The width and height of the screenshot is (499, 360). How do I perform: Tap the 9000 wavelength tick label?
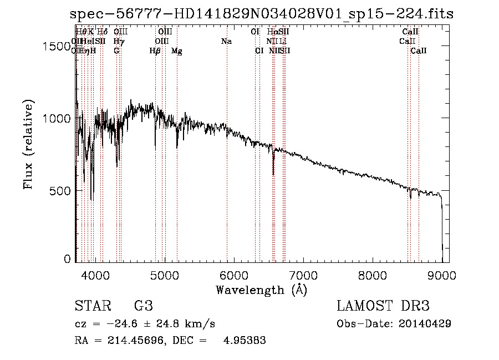(x=442, y=275)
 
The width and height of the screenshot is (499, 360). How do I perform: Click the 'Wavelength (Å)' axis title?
(x=261, y=290)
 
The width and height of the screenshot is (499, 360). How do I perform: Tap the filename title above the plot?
(x=261, y=14)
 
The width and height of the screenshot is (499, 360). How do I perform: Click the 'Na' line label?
(x=226, y=41)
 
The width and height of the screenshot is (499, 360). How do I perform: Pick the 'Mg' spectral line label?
(x=176, y=51)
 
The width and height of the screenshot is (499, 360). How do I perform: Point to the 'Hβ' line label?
(x=155, y=51)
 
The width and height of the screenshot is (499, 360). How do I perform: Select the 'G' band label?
(x=116, y=51)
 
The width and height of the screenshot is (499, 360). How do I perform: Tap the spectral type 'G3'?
(x=143, y=306)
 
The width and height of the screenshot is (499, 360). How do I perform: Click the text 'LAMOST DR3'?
(x=383, y=306)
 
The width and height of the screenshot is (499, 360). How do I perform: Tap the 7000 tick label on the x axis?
(x=303, y=275)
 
